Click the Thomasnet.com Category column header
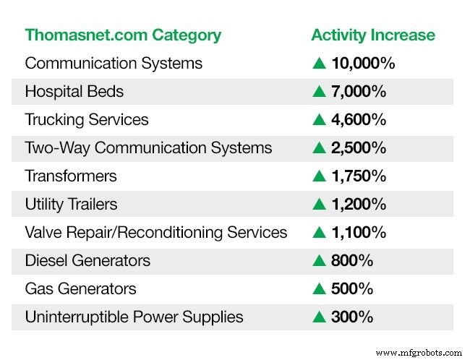tap(123, 35)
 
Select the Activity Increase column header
tap(373, 35)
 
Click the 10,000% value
tap(363, 63)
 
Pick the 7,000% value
tap(359, 91)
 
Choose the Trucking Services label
tap(87, 119)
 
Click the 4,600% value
tap(359, 119)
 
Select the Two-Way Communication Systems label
tap(148, 147)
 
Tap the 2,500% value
tap(359, 147)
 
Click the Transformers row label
tap(71, 176)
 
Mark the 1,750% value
tap(359, 176)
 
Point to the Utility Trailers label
tap(70, 204)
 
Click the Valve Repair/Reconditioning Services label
tap(156, 232)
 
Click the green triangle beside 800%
tap(319, 260)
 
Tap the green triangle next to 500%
tap(319, 288)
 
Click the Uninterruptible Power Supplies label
tap(134, 317)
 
